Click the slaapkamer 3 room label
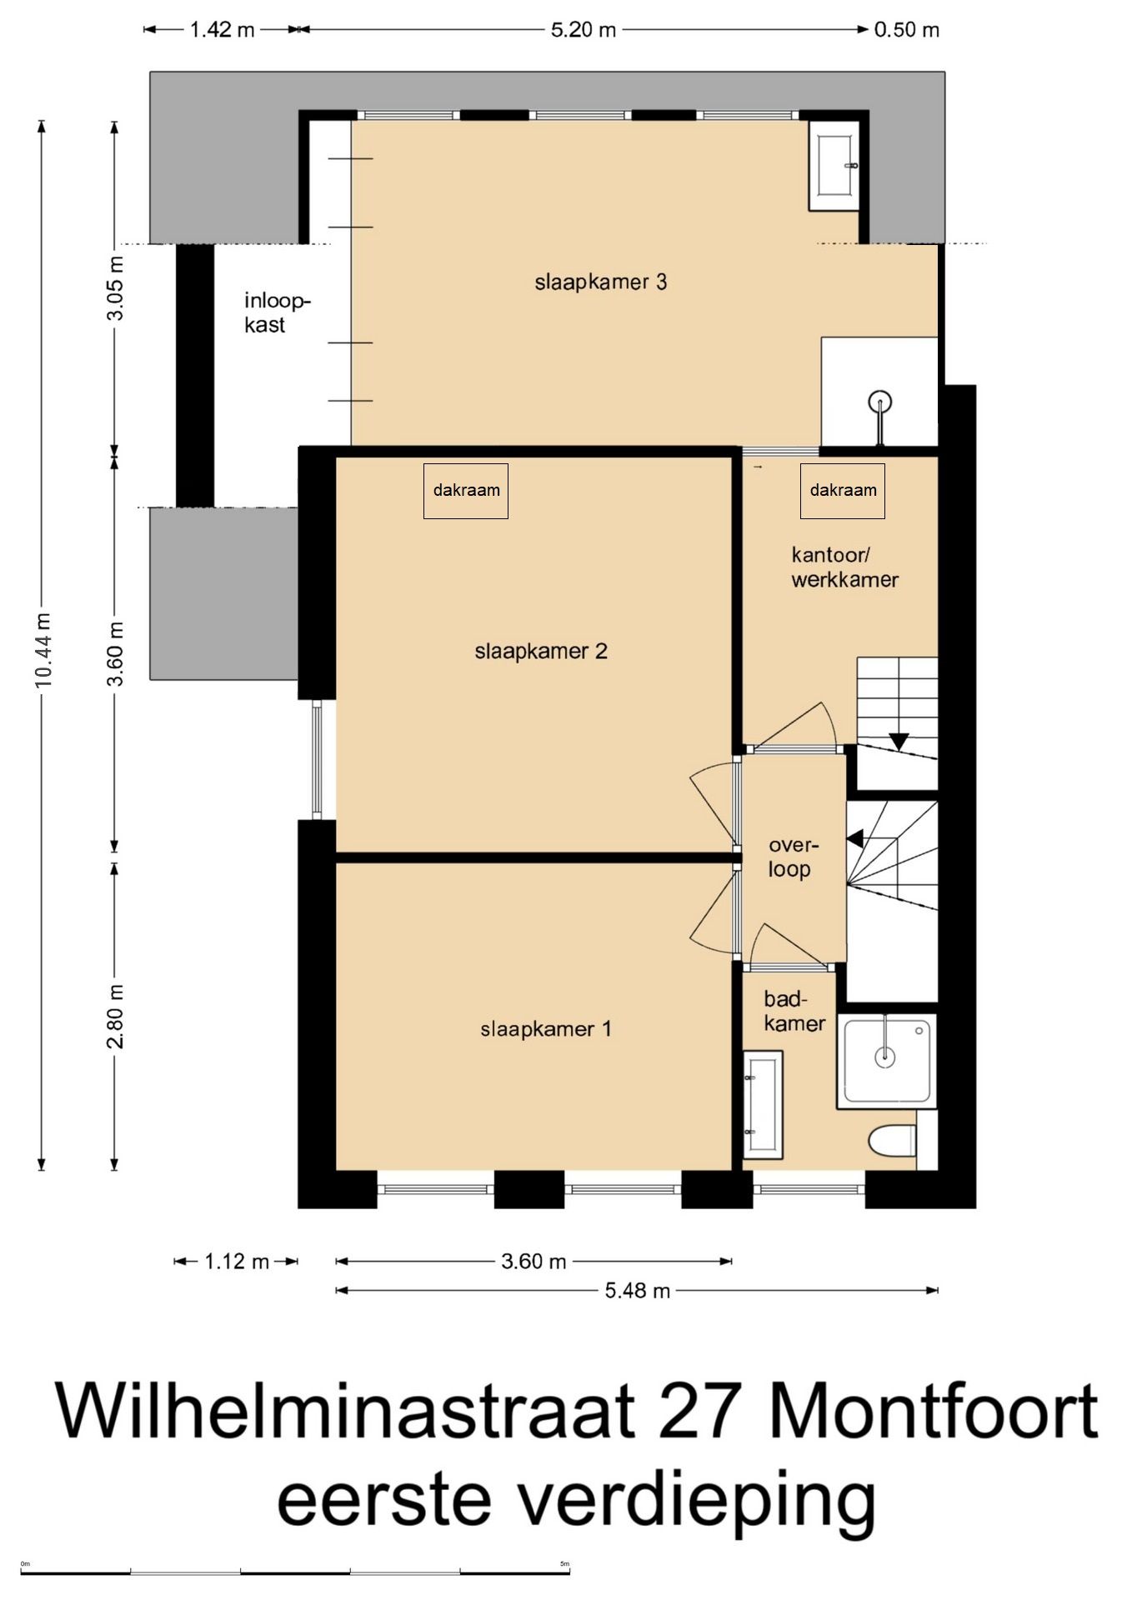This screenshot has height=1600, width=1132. tap(600, 282)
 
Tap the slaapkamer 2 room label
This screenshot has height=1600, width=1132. tap(541, 651)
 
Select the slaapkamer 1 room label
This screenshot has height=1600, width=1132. tap(546, 1029)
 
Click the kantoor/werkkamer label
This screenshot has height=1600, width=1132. tap(844, 567)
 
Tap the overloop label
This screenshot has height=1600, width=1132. tap(793, 857)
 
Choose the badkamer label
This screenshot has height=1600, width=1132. tap(794, 1011)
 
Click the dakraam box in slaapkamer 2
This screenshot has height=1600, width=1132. tap(466, 491)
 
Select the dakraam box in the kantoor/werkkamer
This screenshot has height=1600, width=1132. tap(843, 491)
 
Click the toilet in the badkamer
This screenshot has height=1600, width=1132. tap(892, 1140)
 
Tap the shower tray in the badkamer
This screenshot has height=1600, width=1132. tap(887, 1061)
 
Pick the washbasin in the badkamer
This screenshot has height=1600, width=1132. tap(763, 1105)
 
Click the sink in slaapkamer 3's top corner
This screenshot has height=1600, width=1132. tap(834, 166)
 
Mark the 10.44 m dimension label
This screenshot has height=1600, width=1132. tap(43, 649)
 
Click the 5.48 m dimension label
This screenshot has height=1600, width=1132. tap(638, 1291)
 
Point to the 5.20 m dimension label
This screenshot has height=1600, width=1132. tap(584, 30)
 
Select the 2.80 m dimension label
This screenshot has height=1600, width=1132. tap(116, 1016)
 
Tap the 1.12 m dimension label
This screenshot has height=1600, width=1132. tap(237, 1262)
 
